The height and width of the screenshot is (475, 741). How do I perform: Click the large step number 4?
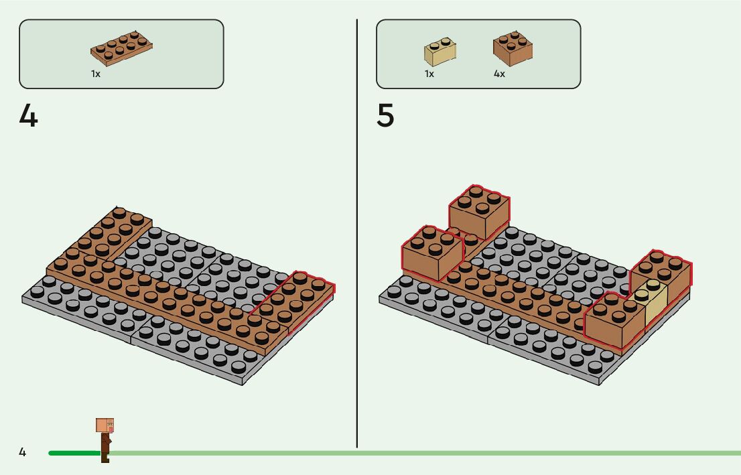point(29,116)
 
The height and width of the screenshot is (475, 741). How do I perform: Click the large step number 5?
point(386,116)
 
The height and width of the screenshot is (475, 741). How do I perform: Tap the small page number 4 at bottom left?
point(22,453)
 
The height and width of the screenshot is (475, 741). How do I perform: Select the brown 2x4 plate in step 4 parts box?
point(122,49)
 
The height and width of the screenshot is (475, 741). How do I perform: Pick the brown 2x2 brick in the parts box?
point(513,48)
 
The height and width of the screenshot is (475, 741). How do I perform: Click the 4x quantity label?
point(499,74)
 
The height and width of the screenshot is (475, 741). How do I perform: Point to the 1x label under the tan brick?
point(429,74)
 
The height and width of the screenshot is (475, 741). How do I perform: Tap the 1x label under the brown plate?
point(96,74)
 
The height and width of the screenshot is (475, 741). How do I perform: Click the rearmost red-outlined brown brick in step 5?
point(478,212)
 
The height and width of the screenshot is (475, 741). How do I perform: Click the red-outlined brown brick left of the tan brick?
point(612,320)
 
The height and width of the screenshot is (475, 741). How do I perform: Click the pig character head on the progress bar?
point(105,425)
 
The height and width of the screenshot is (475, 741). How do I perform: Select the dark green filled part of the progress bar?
point(74,453)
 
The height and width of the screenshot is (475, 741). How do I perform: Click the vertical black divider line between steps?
point(357,234)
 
